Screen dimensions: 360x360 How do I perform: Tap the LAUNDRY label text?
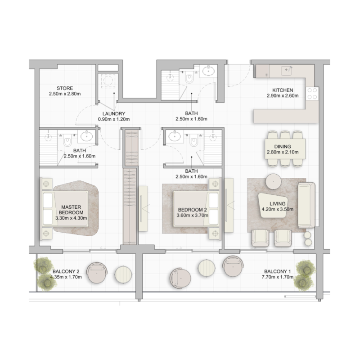coord(113,113)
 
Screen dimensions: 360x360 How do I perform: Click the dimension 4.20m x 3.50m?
coord(279,209)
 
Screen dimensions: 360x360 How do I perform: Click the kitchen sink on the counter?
coord(286,71)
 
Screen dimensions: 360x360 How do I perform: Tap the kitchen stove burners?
coord(312,94)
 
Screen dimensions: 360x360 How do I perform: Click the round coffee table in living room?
coord(274,181)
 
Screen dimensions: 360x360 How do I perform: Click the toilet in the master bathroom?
coord(67,140)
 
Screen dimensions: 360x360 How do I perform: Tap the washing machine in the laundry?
coord(108,81)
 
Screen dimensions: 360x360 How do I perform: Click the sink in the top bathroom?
coord(207,70)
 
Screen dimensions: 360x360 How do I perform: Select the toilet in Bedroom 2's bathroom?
coord(194,140)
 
